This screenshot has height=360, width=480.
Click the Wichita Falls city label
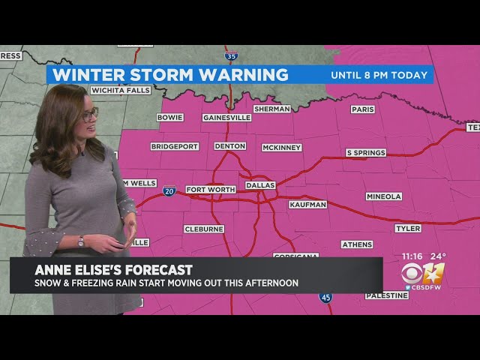[120, 90]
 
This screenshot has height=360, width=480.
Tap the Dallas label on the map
[260, 184]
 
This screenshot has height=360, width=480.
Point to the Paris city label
[362, 109]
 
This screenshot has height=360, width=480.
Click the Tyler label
[408, 228]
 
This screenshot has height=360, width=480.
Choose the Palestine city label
[387, 295]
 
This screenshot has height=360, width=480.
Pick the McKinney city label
[281, 148]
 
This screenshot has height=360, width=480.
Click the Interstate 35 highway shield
[232, 55]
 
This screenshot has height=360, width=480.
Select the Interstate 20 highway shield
[169, 191]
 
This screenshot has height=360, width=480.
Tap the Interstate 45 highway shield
[325, 298]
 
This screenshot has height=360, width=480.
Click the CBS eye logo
[412, 273]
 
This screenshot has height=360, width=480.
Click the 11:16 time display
[413, 256]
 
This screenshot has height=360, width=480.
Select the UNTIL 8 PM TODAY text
[379, 75]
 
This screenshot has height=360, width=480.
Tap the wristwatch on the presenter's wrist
[81, 241]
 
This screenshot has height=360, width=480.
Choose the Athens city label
[357, 244]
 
